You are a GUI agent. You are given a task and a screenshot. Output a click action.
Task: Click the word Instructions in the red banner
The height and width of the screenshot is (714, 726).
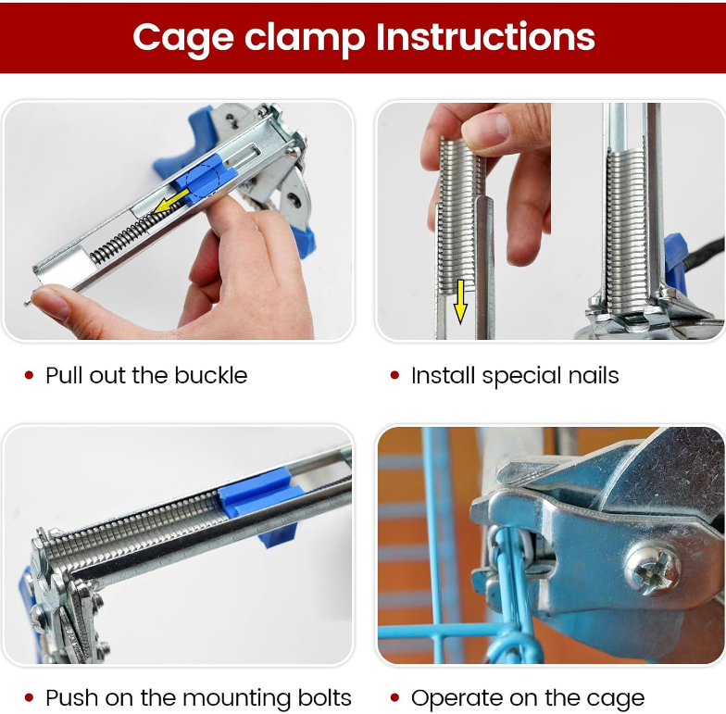coord(485,37)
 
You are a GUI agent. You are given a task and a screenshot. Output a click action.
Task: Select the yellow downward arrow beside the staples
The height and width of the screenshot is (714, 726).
coord(459,302)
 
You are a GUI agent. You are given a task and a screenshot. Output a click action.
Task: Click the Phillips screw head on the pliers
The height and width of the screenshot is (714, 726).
coord(653,569)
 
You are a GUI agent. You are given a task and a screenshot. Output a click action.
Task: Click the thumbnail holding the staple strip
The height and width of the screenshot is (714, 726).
coord(485,128)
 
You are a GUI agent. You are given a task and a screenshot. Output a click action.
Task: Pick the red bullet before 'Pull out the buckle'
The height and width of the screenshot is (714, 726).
coord(30,375)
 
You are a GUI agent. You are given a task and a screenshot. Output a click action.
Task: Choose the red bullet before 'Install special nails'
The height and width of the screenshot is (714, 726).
coord(394,375)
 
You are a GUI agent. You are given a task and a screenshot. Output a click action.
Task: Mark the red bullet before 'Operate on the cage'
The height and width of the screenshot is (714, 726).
coord(394,698)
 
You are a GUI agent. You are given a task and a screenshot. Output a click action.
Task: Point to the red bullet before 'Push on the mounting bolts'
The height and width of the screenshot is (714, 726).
coord(30,698)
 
